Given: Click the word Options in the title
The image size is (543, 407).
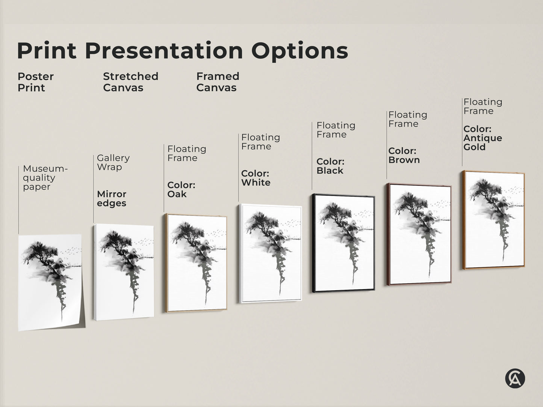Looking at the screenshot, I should pyautogui.click(x=300, y=51).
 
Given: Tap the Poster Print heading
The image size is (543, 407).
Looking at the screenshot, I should pyautogui.click(x=36, y=82).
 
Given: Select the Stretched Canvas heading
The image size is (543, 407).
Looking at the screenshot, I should pyautogui.click(x=130, y=82).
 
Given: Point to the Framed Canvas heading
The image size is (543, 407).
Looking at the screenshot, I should pyautogui.click(x=218, y=82).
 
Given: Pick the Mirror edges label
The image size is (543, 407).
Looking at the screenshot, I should pyautogui.click(x=112, y=199).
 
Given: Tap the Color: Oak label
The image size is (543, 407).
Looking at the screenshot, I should pyautogui.click(x=181, y=190).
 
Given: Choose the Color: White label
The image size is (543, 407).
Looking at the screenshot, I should pyautogui.click(x=256, y=178).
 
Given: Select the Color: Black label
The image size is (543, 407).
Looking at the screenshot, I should pyautogui.click(x=330, y=166).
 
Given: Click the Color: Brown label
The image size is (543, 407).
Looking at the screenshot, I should pyautogui.click(x=404, y=155).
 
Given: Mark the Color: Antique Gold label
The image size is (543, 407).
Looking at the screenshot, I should pyautogui.click(x=482, y=138).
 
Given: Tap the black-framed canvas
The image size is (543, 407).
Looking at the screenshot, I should pyautogui.click(x=343, y=243).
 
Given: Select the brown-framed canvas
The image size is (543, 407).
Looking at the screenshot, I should pyautogui.click(x=419, y=234).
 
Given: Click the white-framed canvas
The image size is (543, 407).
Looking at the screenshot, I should pyautogui.click(x=270, y=253).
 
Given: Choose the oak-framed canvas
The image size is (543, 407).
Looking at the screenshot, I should pyautogui.click(x=196, y=263).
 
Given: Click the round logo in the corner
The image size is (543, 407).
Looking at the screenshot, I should pyautogui.click(x=515, y=378).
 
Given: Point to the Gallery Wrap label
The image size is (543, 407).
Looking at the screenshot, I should pyautogui.click(x=113, y=163).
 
